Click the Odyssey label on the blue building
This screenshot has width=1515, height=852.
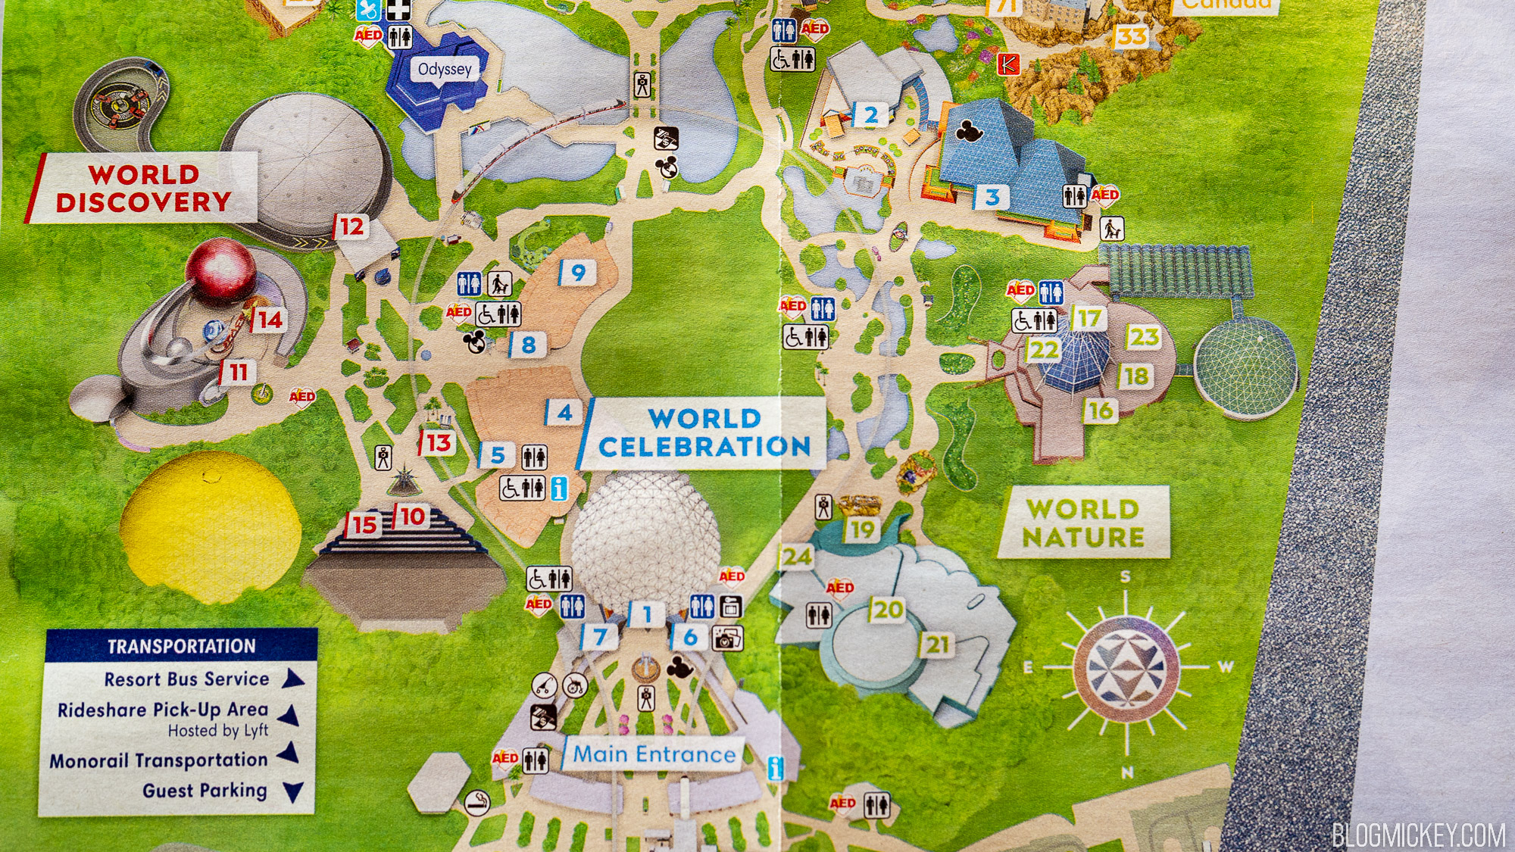point(445,70)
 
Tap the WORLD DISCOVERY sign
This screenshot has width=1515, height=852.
point(143,188)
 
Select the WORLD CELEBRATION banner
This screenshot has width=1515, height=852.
point(704,433)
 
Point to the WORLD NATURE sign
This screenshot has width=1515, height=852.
point(1083,523)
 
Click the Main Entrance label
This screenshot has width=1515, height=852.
point(654,754)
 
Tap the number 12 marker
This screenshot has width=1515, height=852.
point(351,226)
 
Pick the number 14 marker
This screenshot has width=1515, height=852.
point(269,320)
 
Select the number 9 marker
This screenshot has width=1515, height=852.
point(578,273)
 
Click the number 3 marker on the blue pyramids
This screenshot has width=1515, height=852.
point(992,198)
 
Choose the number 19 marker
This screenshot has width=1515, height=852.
point(861,529)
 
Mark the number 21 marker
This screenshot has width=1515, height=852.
point(937,644)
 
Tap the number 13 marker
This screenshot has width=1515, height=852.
point(438,442)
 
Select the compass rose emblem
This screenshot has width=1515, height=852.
point(1126,667)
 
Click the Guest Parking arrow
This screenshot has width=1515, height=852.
point(293,792)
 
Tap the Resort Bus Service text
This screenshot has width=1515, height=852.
point(186,679)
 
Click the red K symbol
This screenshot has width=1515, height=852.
point(1008,64)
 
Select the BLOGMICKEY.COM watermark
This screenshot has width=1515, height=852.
point(1418,835)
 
